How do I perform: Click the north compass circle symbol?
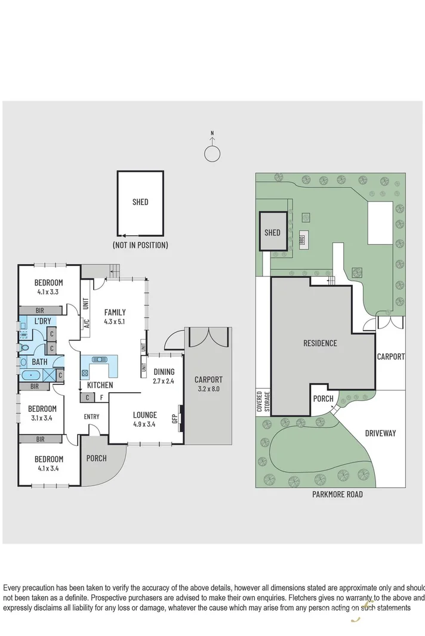pyautogui.click(x=212, y=154)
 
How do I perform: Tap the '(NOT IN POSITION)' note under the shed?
pyautogui.click(x=140, y=245)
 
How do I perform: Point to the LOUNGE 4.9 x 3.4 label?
pyautogui.click(x=145, y=420)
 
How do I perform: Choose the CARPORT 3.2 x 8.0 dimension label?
pyautogui.click(x=208, y=384)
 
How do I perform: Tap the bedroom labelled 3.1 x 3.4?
pyautogui.click(x=42, y=413)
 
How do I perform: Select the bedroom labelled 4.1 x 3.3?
pyautogui.click(x=48, y=287)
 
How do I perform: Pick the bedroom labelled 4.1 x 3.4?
pyautogui.click(x=48, y=463)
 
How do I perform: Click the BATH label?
pyautogui.click(x=40, y=362)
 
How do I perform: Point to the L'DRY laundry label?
pyautogui.click(x=42, y=321)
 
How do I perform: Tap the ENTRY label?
pyautogui.click(x=91, y=417)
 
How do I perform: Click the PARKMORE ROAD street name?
pyautogui.click(x=337, y=494)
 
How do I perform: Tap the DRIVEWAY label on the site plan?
pyautogui.click(x=380, y=433)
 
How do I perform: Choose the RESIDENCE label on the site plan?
pyautogui.click(x=320, y=343)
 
